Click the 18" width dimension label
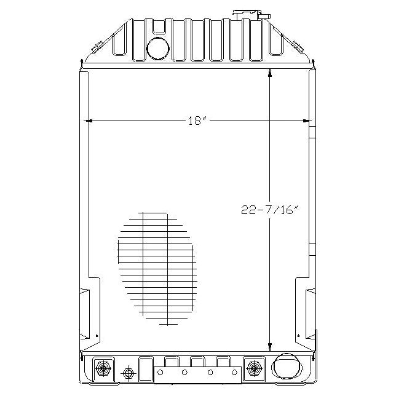coord(196,121)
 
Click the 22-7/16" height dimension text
coord(269,210)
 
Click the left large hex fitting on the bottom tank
coord(101,369)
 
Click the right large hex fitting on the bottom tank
coord(252,369)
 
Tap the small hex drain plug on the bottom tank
coord(128,373)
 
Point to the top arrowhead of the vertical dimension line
coord(269,74)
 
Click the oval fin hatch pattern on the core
coord(155,267)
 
